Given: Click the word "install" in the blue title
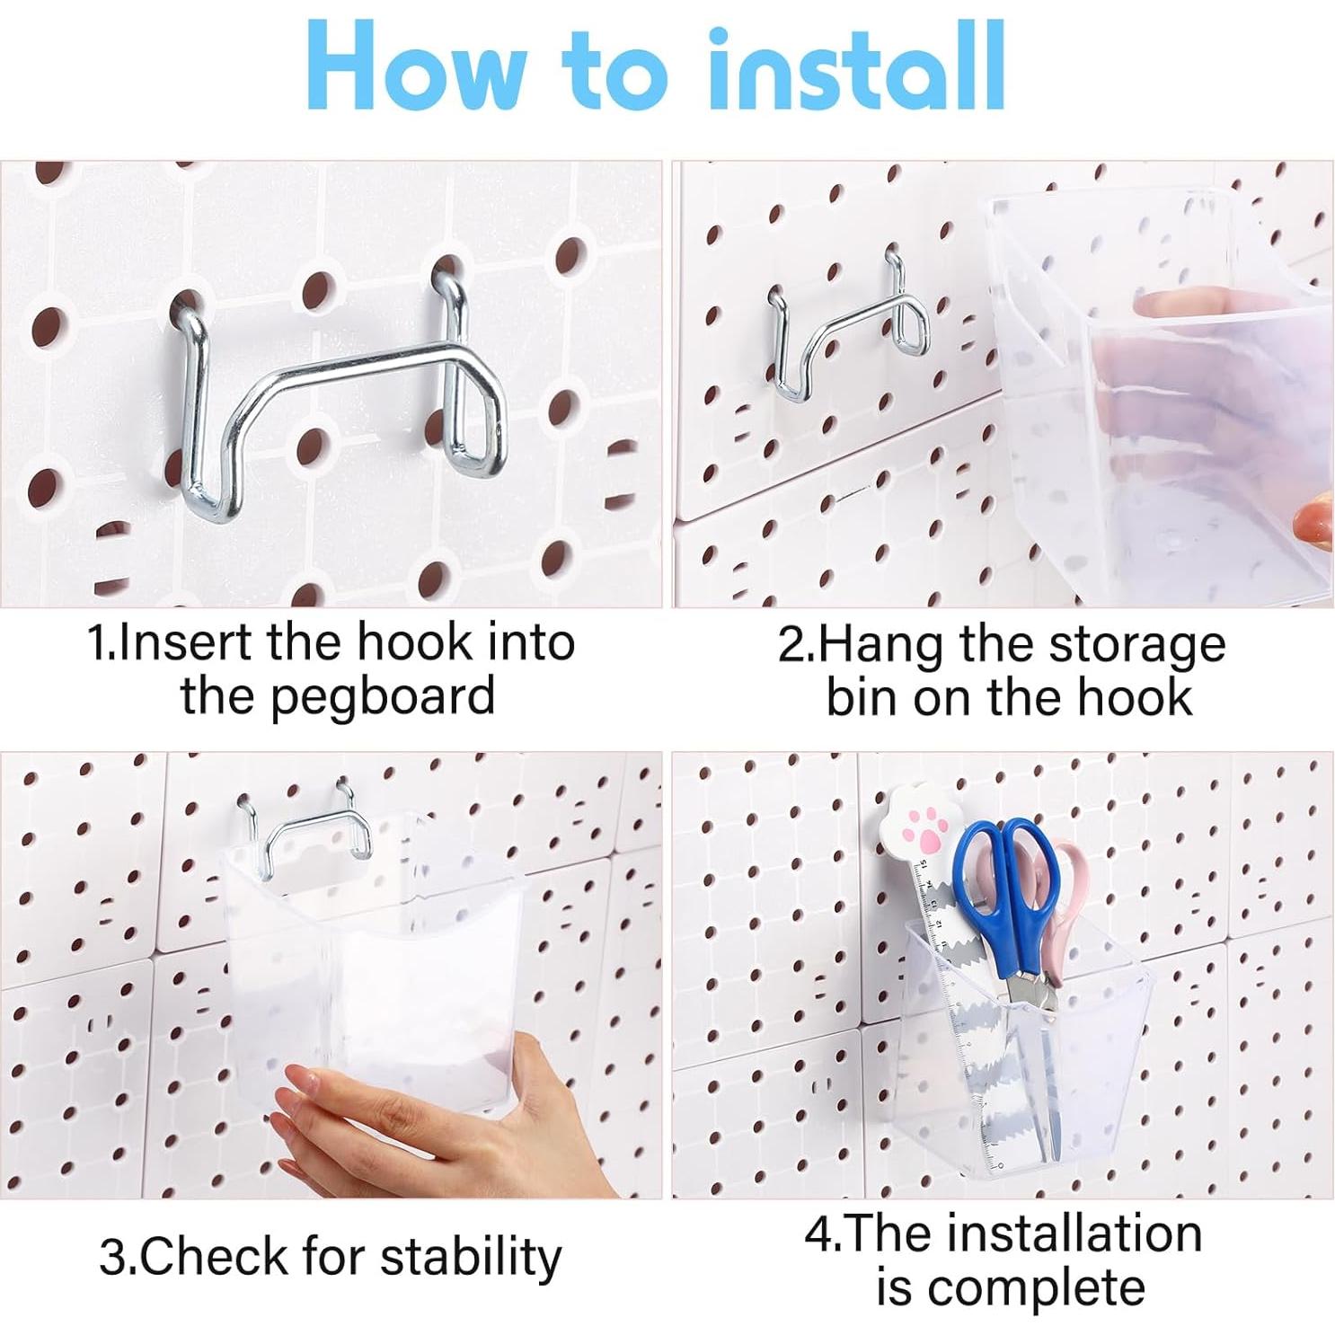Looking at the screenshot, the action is coord(855,66).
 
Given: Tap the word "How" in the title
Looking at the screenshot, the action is coord(417,66).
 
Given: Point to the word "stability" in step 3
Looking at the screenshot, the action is coord(471,1257).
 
